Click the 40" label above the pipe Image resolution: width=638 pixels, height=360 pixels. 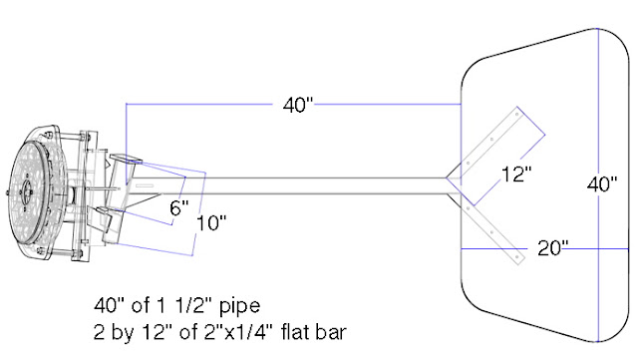(298, 105)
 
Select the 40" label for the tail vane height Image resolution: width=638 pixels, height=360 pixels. (602, 184)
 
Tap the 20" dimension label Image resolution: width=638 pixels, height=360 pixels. (552, 248)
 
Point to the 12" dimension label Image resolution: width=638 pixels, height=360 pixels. (516, 175)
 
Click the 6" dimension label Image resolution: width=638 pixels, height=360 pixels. (179, 207)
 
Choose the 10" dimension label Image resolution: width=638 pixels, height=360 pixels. (211, 222)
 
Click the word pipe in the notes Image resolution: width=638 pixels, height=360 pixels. (239, 306)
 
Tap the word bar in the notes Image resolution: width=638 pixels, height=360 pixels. (330, 331)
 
